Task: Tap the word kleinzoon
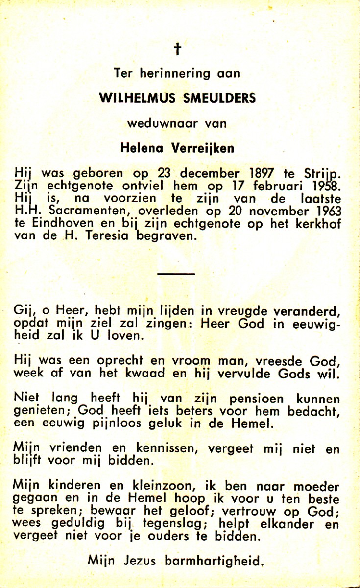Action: click(144, 487)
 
